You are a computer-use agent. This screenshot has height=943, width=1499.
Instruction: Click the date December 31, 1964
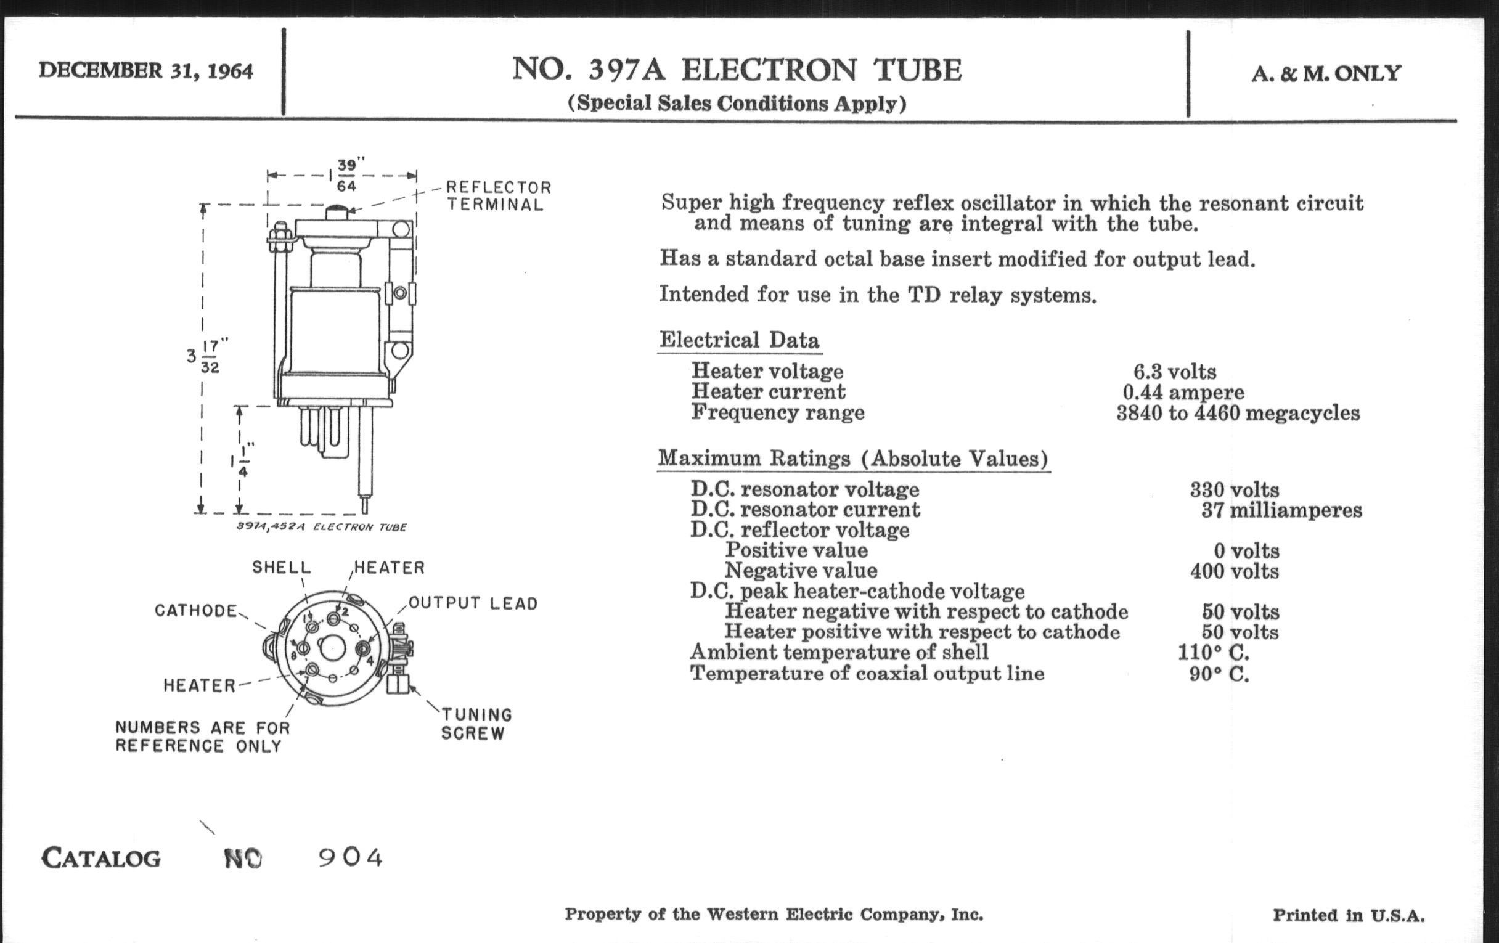(x=145, y=71)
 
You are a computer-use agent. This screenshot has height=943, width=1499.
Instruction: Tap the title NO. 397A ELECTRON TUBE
(x=737, y=70)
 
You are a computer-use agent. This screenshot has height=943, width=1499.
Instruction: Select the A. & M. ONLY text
(x=1326, y=73)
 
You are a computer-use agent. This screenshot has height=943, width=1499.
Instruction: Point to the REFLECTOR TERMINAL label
(x=498, y=196)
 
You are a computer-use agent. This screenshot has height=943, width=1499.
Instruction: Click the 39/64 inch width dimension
(x=347, y=176)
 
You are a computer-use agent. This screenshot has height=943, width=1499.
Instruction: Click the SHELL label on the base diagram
(x=282, y=568)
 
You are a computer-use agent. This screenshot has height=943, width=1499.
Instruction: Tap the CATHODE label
(x=196, y=611)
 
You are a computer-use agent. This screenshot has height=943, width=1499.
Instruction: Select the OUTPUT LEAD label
(x=473, y=603)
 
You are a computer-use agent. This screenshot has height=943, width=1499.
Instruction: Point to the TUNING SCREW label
(x=476, y=724)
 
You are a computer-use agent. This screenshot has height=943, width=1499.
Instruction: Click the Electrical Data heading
(x=739, y=340)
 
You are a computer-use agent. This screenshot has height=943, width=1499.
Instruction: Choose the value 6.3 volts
(x=1175, y=372)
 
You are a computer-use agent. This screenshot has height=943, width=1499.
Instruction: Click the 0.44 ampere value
(x=1183, y=392)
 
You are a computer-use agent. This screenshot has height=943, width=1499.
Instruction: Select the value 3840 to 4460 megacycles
(x=1238, y=414)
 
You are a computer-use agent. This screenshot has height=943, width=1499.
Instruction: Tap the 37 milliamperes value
(x=1282, y=510)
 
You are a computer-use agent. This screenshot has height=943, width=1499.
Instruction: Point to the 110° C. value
(x=1213, y=653)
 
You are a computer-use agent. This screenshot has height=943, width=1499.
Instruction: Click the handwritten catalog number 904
(x=351, y=858)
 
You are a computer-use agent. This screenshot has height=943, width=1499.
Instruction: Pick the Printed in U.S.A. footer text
(x=1349, y=915)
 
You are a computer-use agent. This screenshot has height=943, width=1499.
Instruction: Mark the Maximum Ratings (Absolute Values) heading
(x=854, y=459)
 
